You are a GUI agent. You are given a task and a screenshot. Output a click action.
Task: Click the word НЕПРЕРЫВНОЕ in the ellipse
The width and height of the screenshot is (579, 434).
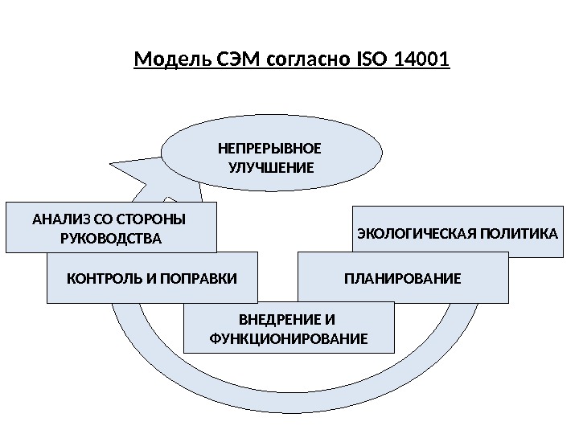click(x=270, y=149)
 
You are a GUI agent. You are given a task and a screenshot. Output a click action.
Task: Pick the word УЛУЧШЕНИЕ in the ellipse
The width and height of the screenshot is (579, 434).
click(x=270, y=168)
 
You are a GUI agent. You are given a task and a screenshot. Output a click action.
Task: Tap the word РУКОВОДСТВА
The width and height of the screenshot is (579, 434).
click(x=111, y=239)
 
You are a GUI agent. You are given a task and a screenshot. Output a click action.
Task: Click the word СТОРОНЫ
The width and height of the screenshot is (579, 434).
click(x=152, y=219)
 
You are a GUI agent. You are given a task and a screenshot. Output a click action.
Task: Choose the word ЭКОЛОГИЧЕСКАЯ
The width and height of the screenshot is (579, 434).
click(x=417, y=234)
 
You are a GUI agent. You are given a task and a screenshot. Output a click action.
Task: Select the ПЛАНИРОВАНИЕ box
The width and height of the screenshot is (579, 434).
click(x=403, y=279)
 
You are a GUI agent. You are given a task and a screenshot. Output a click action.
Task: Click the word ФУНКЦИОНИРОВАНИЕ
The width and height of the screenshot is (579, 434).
click(x=288, y=339)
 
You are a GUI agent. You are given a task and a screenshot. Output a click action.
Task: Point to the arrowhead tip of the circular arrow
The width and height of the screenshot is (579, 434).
click(x=109, y=166)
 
